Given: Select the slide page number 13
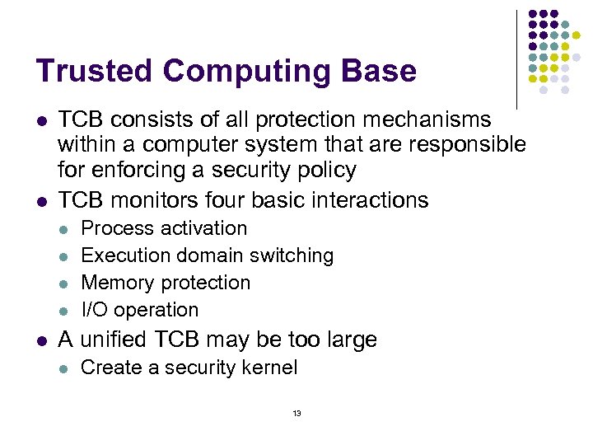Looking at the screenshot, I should [296, 413].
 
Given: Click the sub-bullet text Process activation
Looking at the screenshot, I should [164, 228].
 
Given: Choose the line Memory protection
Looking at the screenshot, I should [166, 283].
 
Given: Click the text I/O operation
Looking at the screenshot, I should [140, 310].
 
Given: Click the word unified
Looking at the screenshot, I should [124, 340].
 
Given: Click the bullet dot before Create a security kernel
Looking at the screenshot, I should [63, 368].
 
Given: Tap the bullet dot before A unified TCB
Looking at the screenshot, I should [40, 340].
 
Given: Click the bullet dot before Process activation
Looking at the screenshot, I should [63, 229].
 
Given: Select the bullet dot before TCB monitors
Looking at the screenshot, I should [40, 201].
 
